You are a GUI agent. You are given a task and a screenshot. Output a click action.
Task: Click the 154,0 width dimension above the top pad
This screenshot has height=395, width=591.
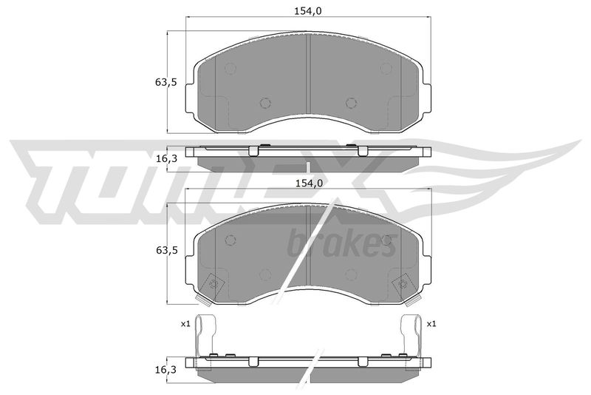point(307,11)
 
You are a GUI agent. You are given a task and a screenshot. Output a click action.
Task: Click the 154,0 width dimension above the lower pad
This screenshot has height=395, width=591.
point(308,183)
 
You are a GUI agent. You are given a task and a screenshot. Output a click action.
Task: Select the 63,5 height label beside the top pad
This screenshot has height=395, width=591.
point(165,82)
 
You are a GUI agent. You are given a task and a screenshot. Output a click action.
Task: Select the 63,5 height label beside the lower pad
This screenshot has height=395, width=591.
point(165,250)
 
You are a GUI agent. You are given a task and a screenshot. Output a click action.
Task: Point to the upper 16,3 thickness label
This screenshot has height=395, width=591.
point(165,159)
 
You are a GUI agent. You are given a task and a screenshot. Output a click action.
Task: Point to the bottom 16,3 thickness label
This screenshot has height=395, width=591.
point(165,369)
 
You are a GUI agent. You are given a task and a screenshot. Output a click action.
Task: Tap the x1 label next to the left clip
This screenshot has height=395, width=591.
point(185,324)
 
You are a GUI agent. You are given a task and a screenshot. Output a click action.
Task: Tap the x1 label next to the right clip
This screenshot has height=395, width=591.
point(431,324)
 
